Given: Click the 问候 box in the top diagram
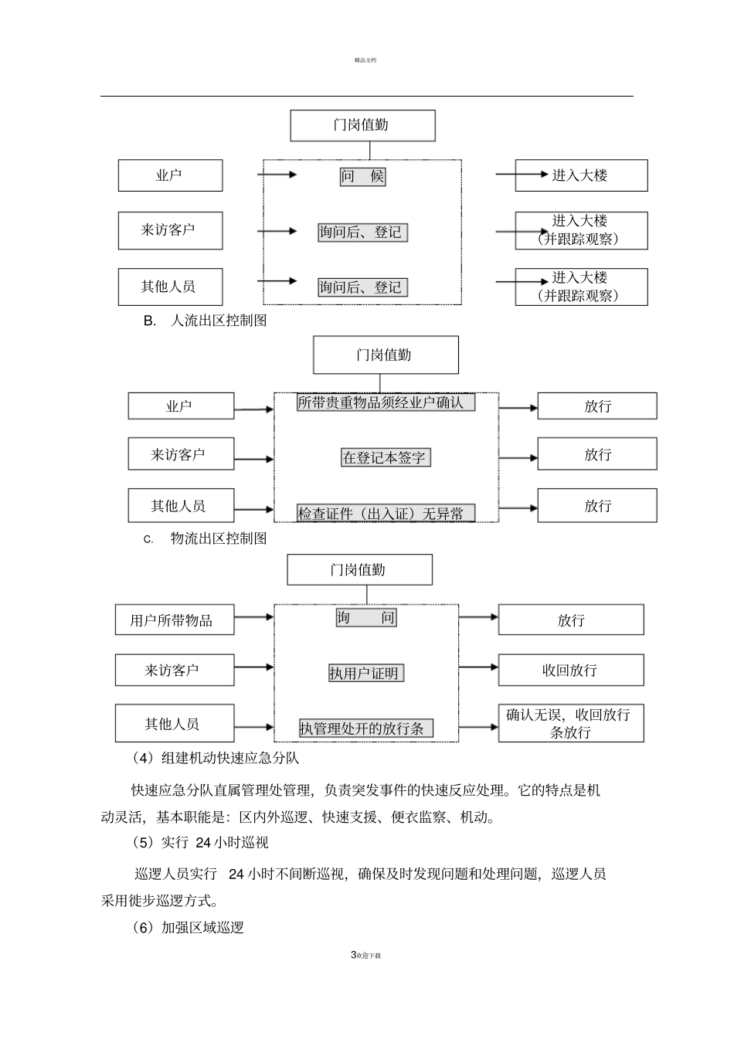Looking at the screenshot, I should point(362,176).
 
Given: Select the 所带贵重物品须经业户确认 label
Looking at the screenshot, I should point(386,402).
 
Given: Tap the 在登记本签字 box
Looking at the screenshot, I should point(385,457).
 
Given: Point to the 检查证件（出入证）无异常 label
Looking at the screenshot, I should point(386,513).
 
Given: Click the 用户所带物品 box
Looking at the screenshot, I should point(175,620).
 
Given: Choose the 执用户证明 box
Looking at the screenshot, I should point(365,673).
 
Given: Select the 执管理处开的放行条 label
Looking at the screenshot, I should point(366,728).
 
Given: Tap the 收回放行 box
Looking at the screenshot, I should point(570,670).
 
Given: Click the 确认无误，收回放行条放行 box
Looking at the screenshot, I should point(570,723).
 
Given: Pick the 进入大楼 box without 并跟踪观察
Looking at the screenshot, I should point(581,175).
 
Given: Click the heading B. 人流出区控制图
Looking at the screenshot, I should point(205,320).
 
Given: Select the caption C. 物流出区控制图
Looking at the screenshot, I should point(205,538).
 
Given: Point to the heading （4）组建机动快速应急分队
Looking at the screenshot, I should point(216,758).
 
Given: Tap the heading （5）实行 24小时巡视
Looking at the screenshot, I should point(200,842).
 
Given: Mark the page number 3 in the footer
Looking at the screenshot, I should point(353,955).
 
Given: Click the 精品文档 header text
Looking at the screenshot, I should point(365,60).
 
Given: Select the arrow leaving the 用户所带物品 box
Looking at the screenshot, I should point(253,617).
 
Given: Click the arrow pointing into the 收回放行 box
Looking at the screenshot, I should point(478,667).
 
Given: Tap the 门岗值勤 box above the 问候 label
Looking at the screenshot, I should point(362,125).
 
